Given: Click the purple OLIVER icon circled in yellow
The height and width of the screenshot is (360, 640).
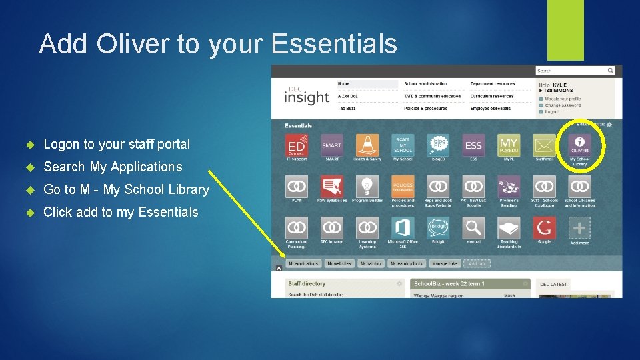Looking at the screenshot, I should click(x=579, y=145).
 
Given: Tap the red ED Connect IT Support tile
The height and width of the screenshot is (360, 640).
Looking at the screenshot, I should click(x=296, y=145).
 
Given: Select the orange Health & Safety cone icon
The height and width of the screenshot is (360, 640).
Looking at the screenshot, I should click(x=367, y=145).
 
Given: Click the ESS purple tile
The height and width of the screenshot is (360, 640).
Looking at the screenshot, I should click(x=473, y=145).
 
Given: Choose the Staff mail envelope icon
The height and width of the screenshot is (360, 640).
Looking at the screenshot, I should click(x=544, y=145).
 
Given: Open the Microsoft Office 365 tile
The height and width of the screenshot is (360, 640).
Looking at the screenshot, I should click(x=402, y=228).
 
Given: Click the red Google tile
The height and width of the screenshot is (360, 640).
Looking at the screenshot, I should click(x=544, y=228).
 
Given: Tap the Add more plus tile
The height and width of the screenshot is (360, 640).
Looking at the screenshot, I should click(x=579, y=228).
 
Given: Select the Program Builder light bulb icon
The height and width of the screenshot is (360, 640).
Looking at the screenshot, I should click(x=367, y=187).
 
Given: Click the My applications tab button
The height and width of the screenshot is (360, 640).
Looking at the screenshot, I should click(x=303, y=263).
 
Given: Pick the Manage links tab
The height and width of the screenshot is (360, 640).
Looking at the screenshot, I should click(x=444, y=263).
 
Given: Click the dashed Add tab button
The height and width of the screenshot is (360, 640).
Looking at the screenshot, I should click(x=477, y=263).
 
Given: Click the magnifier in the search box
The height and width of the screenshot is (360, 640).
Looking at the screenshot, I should click(x=610, y=71).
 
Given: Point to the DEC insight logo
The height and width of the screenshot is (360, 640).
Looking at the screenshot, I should click(x=306, y=95).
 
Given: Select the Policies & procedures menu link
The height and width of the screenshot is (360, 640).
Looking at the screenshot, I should click(x=427, y=108).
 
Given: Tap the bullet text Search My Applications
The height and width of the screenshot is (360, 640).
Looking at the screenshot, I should click(x=112, y=167).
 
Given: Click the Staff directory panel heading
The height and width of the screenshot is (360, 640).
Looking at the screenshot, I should click(x=307, y=284).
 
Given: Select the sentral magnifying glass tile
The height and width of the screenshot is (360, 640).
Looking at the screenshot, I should click(x=473, y=228).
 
